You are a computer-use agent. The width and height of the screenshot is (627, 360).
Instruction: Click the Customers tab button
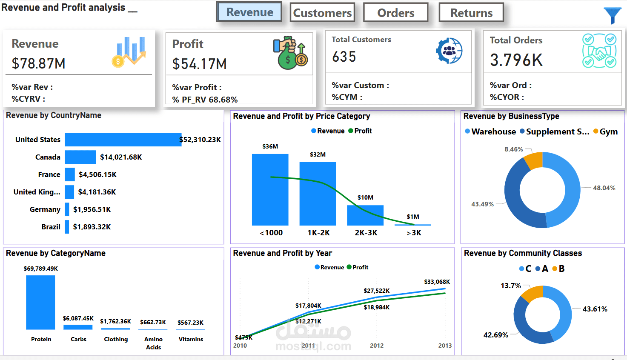[322, 13]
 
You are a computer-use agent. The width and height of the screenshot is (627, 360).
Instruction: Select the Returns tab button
[471, 13]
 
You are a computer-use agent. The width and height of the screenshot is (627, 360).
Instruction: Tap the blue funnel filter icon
[613, 15]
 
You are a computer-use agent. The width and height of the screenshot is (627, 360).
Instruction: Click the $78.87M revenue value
[39, 63]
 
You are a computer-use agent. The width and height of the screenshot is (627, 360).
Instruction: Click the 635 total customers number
[344, 57]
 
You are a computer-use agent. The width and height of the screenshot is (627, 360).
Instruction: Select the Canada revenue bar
[80, 157]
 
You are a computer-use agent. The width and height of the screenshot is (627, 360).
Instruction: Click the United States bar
[123, 140]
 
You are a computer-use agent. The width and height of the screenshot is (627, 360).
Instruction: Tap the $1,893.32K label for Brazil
[92, 227]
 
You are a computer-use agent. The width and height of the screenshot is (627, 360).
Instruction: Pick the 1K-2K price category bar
[318, 194]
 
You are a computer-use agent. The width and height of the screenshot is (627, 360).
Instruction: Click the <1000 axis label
[271, 233]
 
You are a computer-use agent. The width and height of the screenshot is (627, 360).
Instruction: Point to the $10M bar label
[365, 197]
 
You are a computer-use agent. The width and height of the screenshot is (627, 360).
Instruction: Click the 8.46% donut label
[513, 149]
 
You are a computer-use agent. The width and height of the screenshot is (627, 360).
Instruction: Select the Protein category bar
[40, 302]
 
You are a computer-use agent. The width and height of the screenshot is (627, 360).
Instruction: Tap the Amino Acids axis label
[153, 343]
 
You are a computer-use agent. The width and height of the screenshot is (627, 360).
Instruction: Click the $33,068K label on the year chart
[437, 282]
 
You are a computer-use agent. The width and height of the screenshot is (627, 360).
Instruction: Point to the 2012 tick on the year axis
[377, 346]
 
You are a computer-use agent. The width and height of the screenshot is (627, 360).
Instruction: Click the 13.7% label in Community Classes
[511, 286]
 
